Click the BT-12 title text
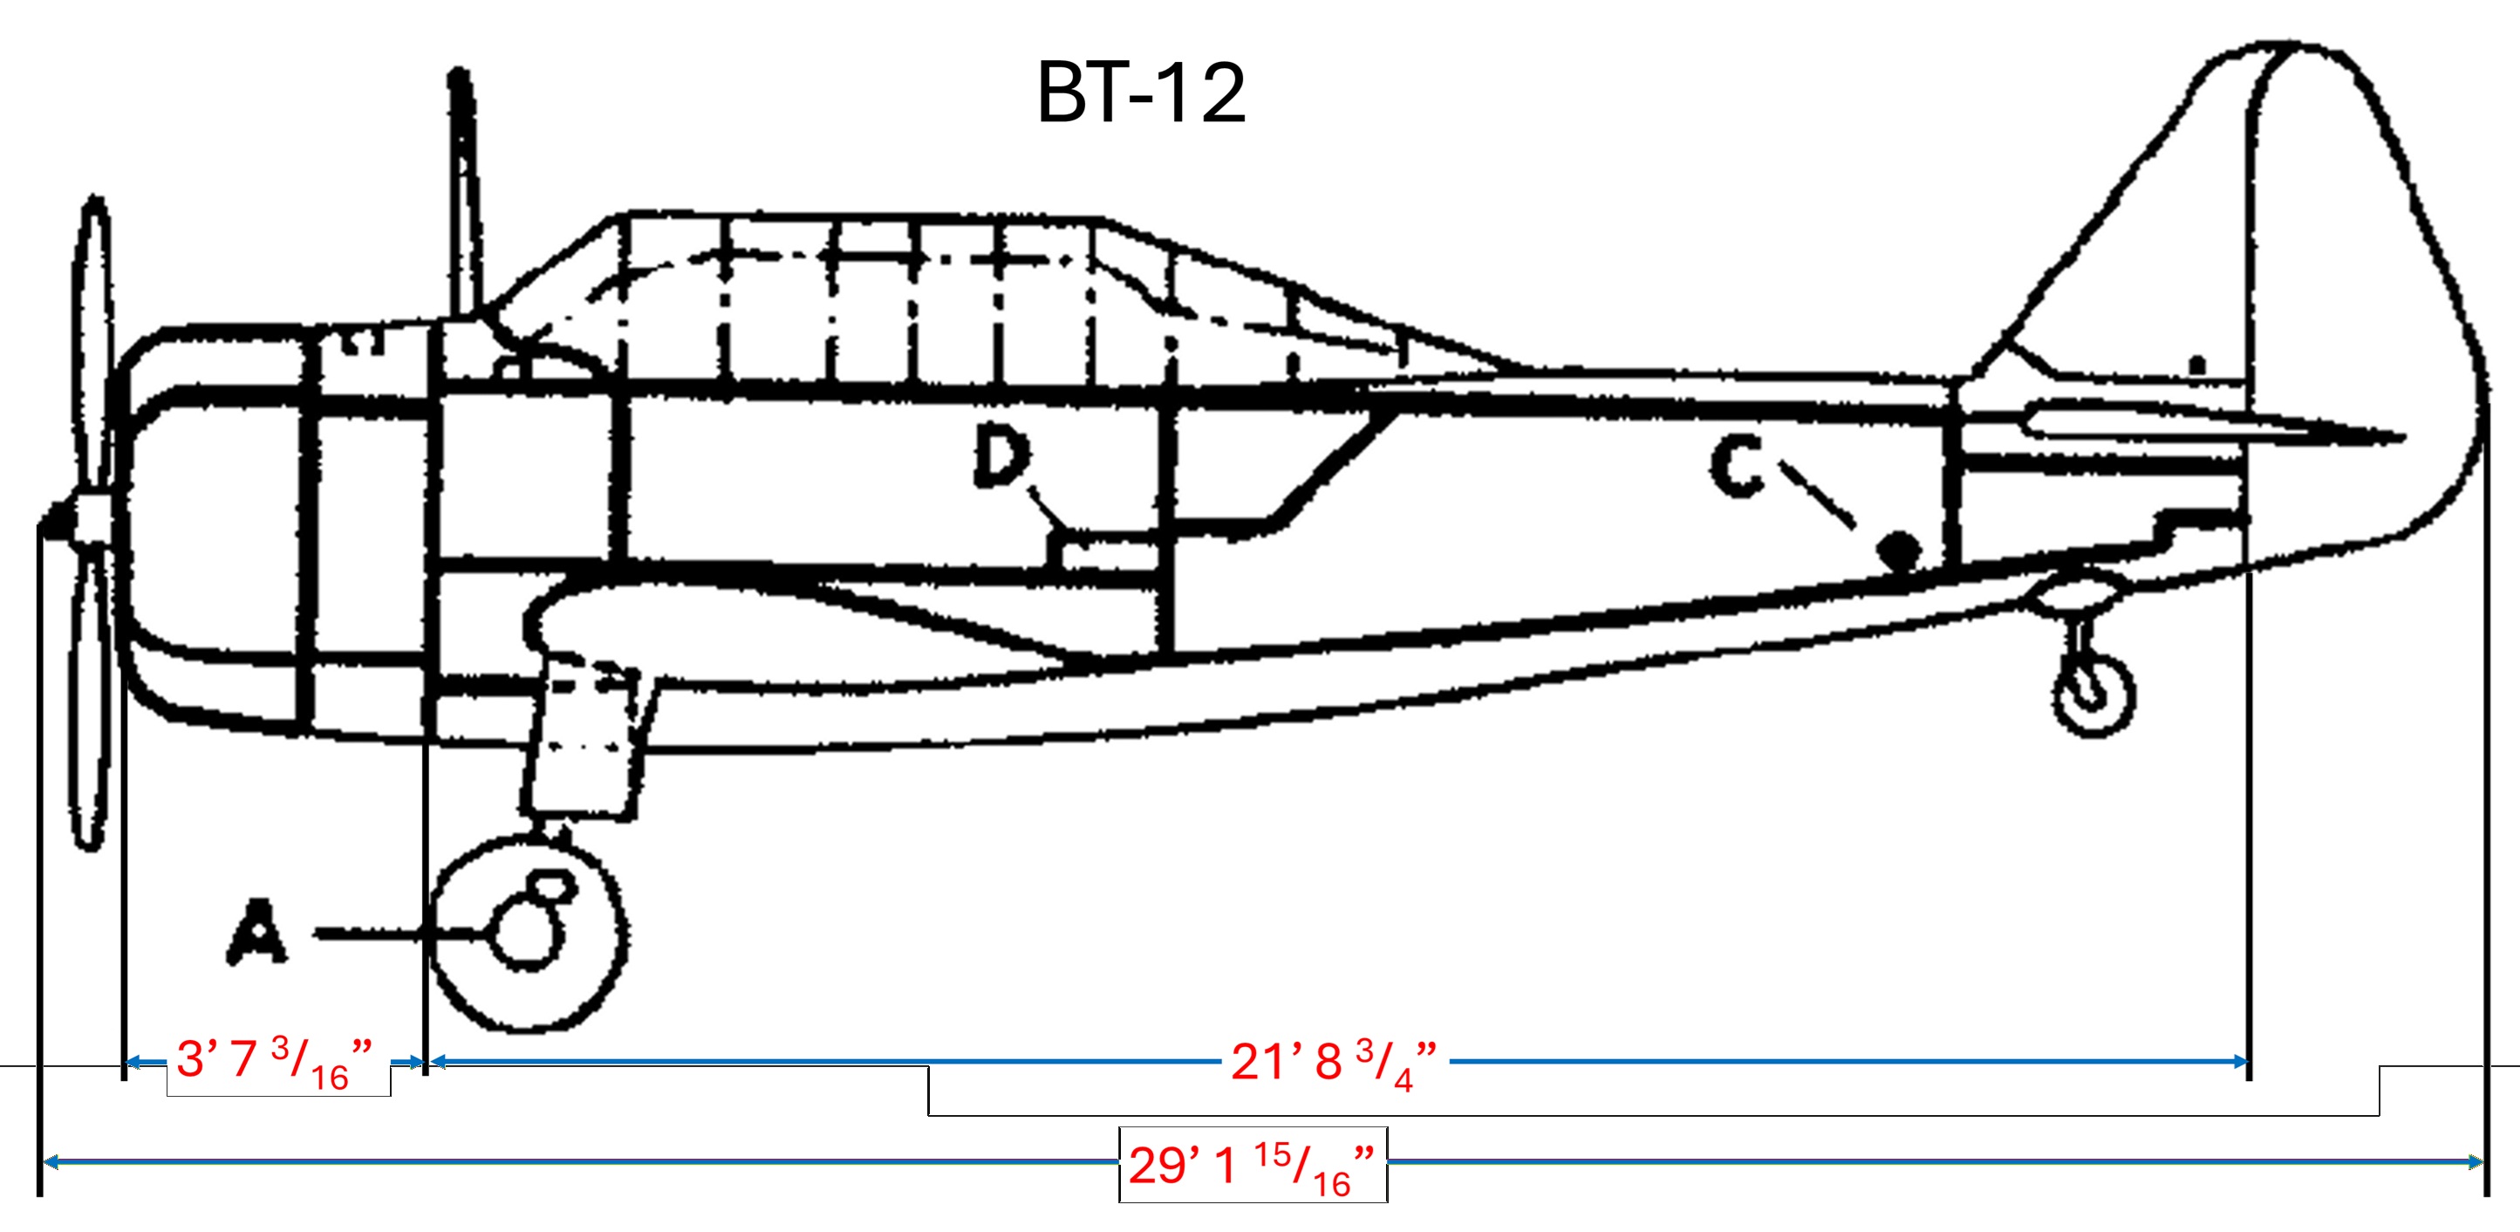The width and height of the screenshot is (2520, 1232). (x=1141, y=93)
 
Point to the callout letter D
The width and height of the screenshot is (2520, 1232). (x=1000, y=459)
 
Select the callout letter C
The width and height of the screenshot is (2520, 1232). (x=1738, y=467)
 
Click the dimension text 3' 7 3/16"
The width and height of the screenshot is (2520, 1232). (x=275, y=1063)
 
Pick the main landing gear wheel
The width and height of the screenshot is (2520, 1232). (x=529, y=933)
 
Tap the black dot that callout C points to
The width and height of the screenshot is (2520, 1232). (x=1899, y=550)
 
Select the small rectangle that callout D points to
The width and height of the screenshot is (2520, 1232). (x=1109, y=551)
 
